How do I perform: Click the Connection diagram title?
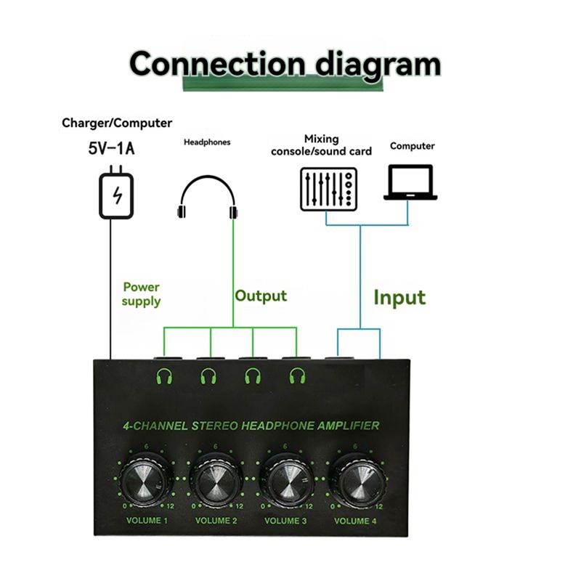(285, 64)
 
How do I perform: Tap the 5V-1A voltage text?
(111, 150)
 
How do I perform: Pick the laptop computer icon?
(410, 182)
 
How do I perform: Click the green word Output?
(260, 296)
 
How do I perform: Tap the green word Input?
(399, 298)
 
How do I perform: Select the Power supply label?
(141, 294)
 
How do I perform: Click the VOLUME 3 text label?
(286, 521)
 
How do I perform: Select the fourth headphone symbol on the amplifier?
(295, 376)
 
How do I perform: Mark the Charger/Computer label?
(117, 123)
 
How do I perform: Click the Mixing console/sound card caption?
(321, 145)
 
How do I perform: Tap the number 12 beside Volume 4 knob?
(379, 506)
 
